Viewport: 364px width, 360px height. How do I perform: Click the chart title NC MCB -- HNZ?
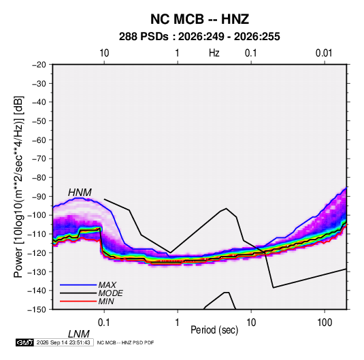pyautogui.click(x=199, y=19)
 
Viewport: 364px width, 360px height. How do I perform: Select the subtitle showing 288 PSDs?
pyautogui.click(x=199, y=37)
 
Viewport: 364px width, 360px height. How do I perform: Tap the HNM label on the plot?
pyautogui.click(x=80, y=193)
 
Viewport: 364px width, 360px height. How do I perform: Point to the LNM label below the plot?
pyautogui.click(x=78, y=334)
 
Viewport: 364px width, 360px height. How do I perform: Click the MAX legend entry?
pyautogui.click(x=107, y=285)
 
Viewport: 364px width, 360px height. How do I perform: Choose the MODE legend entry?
pyautogui.click(x=110, y=293)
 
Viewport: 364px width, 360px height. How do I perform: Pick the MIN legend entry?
pyautogui.click(x=106, y=301)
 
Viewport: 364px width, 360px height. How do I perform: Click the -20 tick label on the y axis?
pyautogui.click(x=39, y=65)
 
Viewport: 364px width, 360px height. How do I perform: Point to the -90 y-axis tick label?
pyautogui.click(x=39, y=197)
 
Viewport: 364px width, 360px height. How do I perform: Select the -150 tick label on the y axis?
pyautogui.click(x=37, y=310)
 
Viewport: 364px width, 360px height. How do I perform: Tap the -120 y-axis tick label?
pyautogui.click(x=37, y=253)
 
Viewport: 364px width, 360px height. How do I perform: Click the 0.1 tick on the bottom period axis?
pyautogui.click(x=104, y=323)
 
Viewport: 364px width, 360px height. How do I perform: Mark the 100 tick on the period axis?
pyautogui.click(x=325, y=323)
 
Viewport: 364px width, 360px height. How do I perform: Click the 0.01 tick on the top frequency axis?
pyautogui.click(x=324, y=53)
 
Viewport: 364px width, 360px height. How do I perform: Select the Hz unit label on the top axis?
pyautogui.click(x=214, y=53)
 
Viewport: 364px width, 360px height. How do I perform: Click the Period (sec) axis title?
pyautogui.click(x=214, y=330)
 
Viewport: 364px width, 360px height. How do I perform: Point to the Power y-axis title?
pyautogui.click(x=18, y=186)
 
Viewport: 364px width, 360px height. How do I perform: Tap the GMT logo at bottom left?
pyautogui.click(x=24, y=342)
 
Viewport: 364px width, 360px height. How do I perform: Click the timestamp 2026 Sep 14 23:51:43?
pyautogui.click(x=63, y=342)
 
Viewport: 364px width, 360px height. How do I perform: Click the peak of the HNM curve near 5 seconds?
pyautogui.click(x=226, y=208)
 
